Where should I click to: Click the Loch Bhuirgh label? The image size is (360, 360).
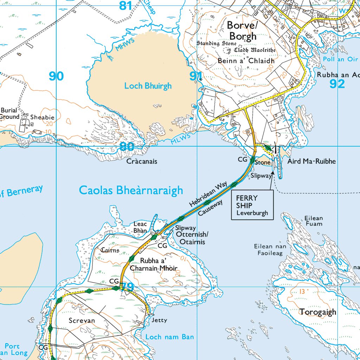click(x=148, y=86)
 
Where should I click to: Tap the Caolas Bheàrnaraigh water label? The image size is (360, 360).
click(x=131, y=190)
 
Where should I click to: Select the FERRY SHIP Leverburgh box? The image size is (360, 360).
click(x=252, y=205)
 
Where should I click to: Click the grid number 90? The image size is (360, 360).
click(x=56, y=76)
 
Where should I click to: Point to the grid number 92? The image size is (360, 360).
click(x=337, y=84)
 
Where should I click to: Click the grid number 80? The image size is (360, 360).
click(x=126, y=147)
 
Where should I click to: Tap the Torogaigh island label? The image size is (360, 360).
click(x=318, y=312)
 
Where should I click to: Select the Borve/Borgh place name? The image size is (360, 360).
click(x=243, y=31)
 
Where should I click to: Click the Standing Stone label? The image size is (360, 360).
click(x=217, y=44)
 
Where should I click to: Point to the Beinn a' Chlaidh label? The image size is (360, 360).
click(x=246, y=61)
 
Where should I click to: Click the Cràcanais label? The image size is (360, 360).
click(x=142, y=161)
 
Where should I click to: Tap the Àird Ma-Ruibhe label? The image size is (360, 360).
click(x=311, y=161)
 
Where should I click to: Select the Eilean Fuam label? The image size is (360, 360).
click(x=314, y=221)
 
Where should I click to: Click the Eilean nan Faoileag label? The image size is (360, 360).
click(x=270, y=249)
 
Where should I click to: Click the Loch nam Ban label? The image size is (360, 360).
click(x=169, y=337)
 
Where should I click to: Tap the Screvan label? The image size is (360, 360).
click(x=82, y=321)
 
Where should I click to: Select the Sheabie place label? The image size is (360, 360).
click(x=42, y=117)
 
